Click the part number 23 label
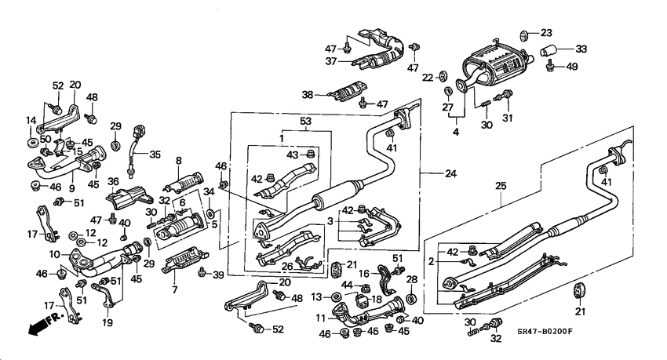click(x=546, y=33)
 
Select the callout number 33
click(x=581, y=49)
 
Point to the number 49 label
click(x=571, y=67)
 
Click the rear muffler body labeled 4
click(x=490, y=60)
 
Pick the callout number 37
click(x=333, y=61)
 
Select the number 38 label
click(x=308, y=94)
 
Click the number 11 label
click(x=322, y=318)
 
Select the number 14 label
click(x=31, y=120)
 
